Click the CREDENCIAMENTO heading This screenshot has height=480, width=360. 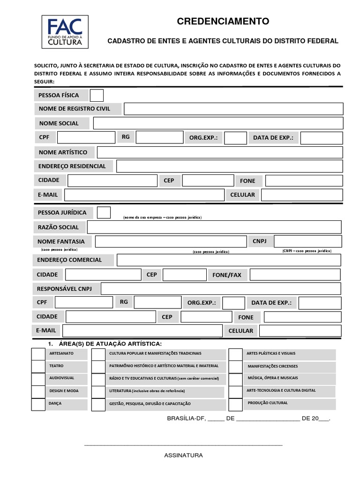(223, 21)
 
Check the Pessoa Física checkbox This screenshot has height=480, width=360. (97, 95)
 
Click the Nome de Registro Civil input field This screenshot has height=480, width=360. (233, 109)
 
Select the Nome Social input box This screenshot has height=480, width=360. (218, 123)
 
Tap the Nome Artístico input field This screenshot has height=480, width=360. (220, 152)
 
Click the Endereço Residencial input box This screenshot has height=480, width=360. (230, 166)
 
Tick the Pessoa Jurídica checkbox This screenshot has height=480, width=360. (104, 212)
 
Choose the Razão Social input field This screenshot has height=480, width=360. (214, 227)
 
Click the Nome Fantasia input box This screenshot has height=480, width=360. (171, 241)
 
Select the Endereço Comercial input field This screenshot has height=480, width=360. (229, 260)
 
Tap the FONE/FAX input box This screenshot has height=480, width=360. (295, 275)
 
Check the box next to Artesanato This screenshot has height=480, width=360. (38, 353)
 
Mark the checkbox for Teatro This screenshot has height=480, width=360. (38, 366)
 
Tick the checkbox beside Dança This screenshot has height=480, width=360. (38, 404)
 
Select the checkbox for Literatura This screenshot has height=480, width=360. (98, 391)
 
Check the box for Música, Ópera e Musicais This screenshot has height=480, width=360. (236, 379)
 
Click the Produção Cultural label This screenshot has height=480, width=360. (268, 403)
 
